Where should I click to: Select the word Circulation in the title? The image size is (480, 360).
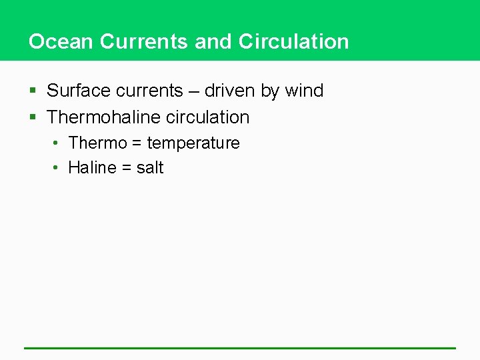click(x=293, y=41)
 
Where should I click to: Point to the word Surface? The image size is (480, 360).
click(x=81, y=91)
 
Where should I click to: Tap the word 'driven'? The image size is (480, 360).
click(x=230, y=91)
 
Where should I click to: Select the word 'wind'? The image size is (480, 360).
click(x=304, y=91)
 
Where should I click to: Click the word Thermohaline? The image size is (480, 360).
click(x=105, y=117)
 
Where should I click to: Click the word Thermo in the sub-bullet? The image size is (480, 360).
click(x=98, y=143)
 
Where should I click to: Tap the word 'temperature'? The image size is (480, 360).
click(x=193, y=143)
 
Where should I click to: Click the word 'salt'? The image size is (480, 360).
click(x=150, y=168)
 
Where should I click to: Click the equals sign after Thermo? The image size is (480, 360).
click(x=137, y=143)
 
